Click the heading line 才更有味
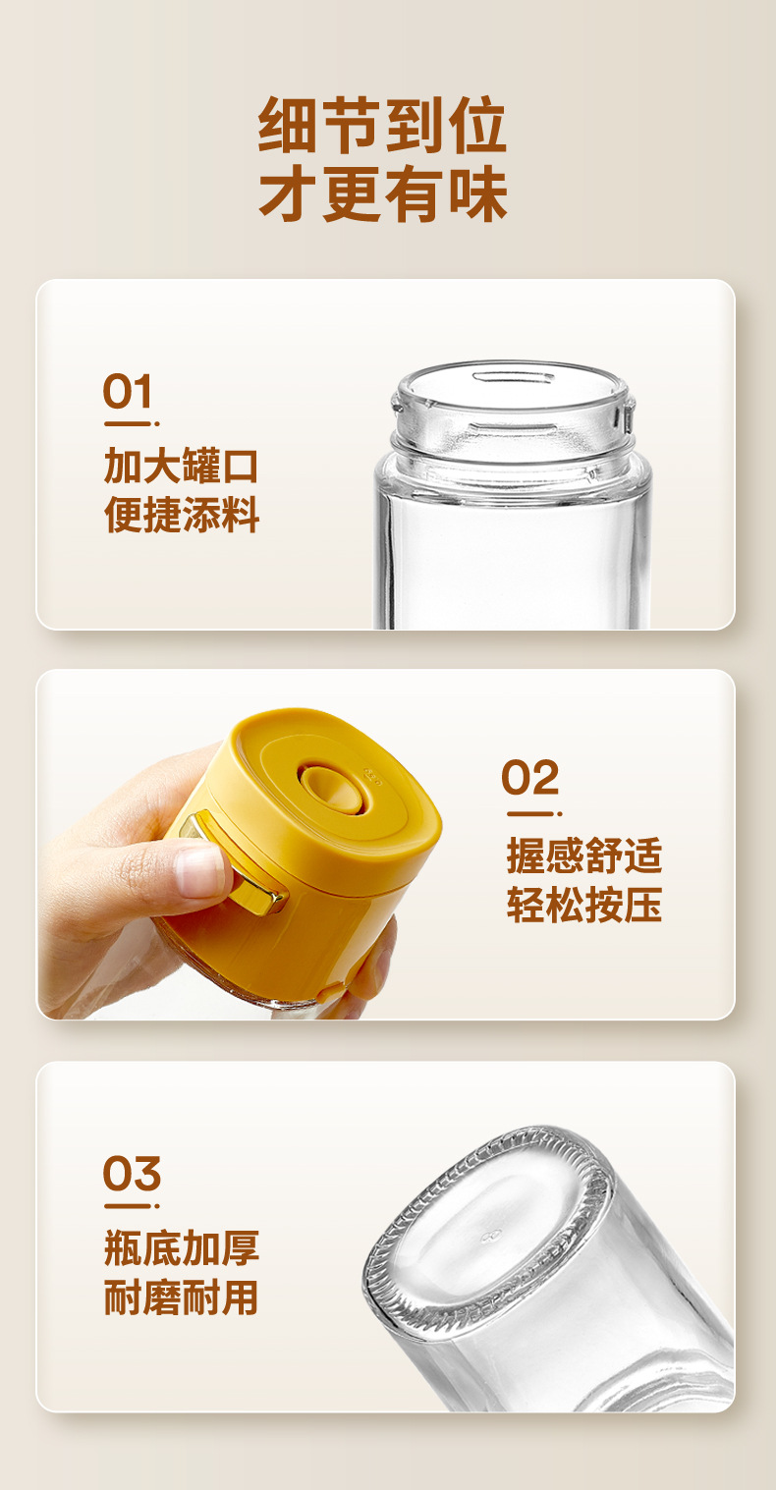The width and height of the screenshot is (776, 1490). [x=382, y=194]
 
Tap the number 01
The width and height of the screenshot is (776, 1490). [x=129, y=393]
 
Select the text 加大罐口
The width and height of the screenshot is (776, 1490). [x=182, y=467]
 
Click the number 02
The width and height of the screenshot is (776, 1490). [x=530, y=779]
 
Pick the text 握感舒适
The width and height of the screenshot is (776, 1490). [x=584, y=855]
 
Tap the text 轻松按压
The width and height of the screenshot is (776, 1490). [x=584, y=906]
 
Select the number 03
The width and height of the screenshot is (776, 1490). [x=132, y=1174]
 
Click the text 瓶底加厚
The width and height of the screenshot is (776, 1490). [x=182, y=1248]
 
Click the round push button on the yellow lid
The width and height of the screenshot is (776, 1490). [x=330, y=786]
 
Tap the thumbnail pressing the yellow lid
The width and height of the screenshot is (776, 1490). [x=200, y=870]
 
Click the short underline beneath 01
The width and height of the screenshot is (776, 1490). [x=129, y=424]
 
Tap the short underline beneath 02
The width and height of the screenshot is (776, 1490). [x=530, y=814]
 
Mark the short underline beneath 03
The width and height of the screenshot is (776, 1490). [x=129, y=1206]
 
